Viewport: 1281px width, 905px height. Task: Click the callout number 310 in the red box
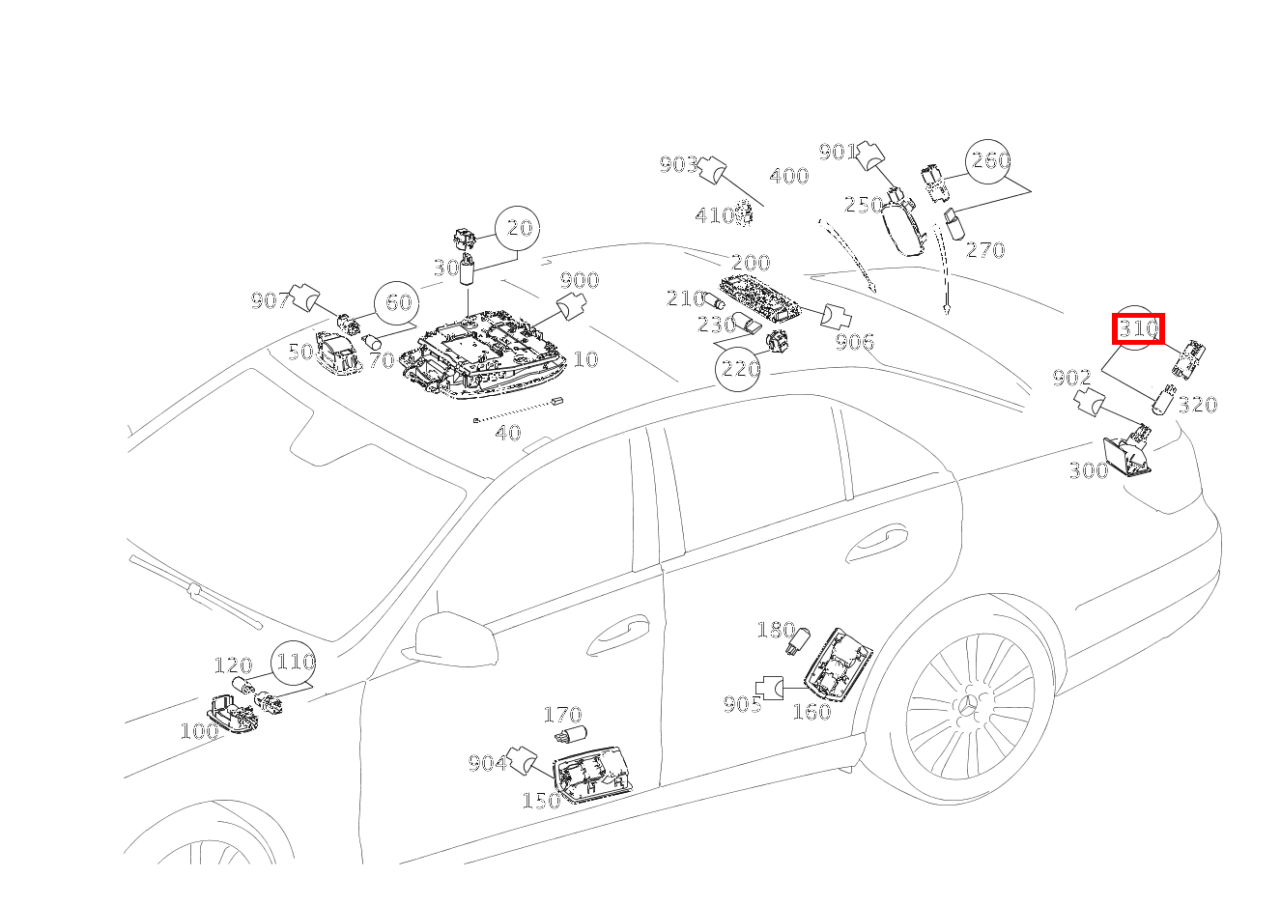[x=1139, y=329]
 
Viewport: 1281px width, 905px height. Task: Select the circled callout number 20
[x=519, y=228]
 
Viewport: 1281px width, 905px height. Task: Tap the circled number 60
[x=398, y=303]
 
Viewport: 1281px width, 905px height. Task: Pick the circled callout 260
[x=990, y=160]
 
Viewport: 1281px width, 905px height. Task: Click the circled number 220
[x=738, y=368]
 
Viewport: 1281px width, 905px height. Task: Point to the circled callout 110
[x=295, y=663]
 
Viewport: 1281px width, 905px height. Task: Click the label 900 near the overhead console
[x=580, y=280]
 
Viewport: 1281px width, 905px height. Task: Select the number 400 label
[x=788, y=177]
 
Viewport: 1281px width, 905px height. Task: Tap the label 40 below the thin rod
[x=508, y=433]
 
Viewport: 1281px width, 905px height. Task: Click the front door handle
[x=618, y=633]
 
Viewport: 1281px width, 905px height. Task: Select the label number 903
[x=678, y=165]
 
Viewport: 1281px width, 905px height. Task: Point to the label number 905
[x=742, y=704]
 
